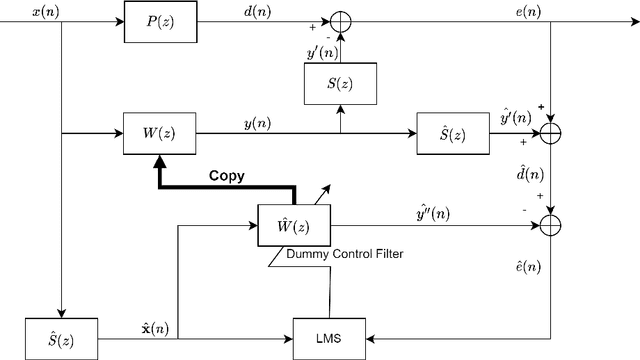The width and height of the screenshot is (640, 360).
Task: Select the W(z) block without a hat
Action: (158, 133)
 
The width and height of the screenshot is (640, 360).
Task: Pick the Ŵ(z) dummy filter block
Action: (293, 225)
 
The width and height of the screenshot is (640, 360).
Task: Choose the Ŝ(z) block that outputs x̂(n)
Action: (62, 339)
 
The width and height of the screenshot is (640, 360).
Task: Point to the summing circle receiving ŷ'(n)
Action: (553, 133)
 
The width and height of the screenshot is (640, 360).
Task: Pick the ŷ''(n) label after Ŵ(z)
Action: (431, 212)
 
